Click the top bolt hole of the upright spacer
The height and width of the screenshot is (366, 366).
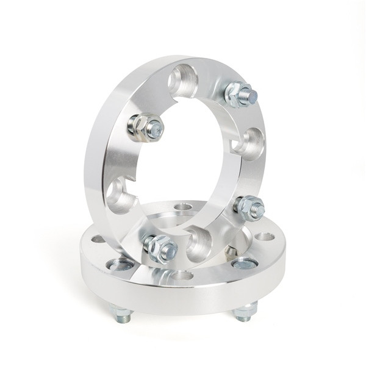[x=182, y=80]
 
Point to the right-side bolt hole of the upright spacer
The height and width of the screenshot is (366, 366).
[x=248, y=144]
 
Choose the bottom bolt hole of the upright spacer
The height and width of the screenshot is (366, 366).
[x=199, y=241]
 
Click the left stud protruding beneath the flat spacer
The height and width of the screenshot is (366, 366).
[x=121, y=315]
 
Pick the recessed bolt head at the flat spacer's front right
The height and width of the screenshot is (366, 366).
[x=245, y=264]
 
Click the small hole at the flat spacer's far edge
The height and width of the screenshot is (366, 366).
[x=182, y=207]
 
